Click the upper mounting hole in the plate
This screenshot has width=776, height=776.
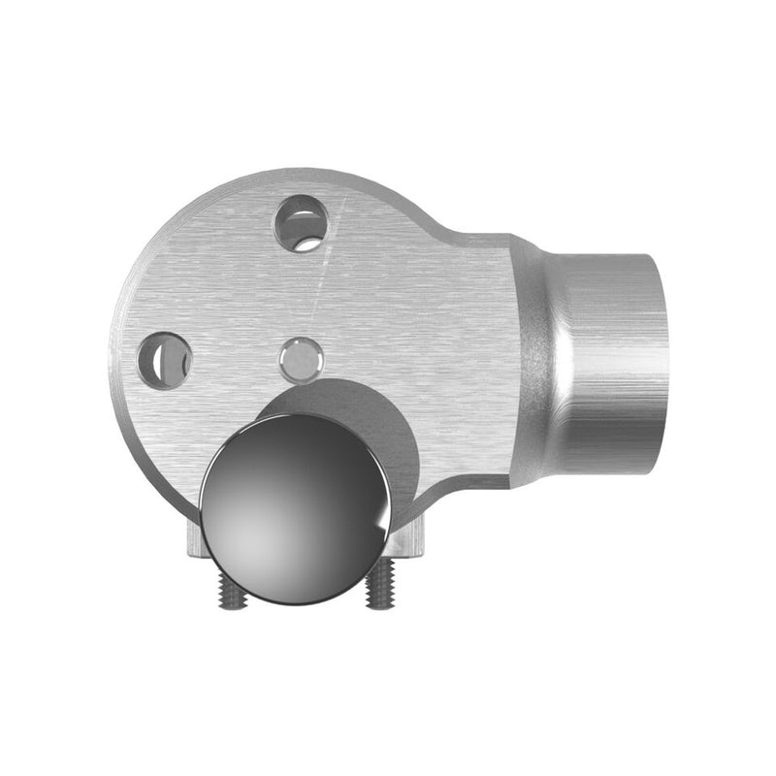(301, 223)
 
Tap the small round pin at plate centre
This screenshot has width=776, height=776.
(301, 361)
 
